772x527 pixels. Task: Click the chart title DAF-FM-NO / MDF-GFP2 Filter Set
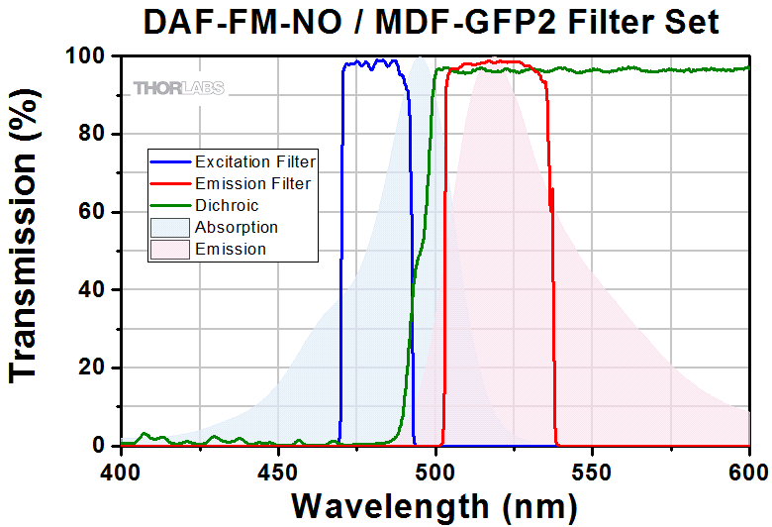click(x=430, y=22)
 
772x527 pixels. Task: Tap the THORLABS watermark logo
click(x=179, y=88)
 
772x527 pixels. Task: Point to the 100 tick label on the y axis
click(x=82, y=56)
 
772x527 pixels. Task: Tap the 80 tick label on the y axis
click(x=89, y=134)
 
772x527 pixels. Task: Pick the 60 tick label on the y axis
click(x=89, y=212)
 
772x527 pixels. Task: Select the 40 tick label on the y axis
click(x=89, y=290)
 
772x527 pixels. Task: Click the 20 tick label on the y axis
click(x=89, y=368)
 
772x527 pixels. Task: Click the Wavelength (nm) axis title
click(x=434, y=505)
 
